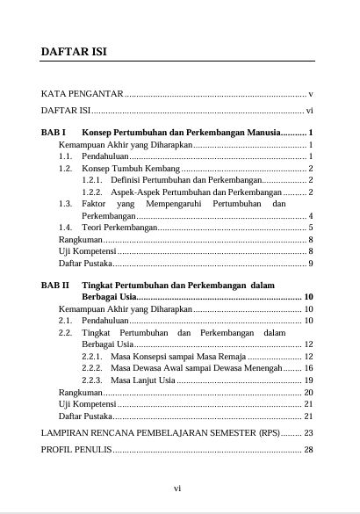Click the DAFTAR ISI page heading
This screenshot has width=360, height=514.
[74, 52]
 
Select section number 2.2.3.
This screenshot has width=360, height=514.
[92, 380]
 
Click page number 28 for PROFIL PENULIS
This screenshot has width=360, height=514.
[308, 450]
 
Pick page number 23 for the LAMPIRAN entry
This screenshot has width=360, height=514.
[308, 433]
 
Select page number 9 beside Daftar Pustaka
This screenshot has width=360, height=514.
[312, 263]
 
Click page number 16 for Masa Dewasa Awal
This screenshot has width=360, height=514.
[308, 368]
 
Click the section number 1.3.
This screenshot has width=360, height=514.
[64, 203]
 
